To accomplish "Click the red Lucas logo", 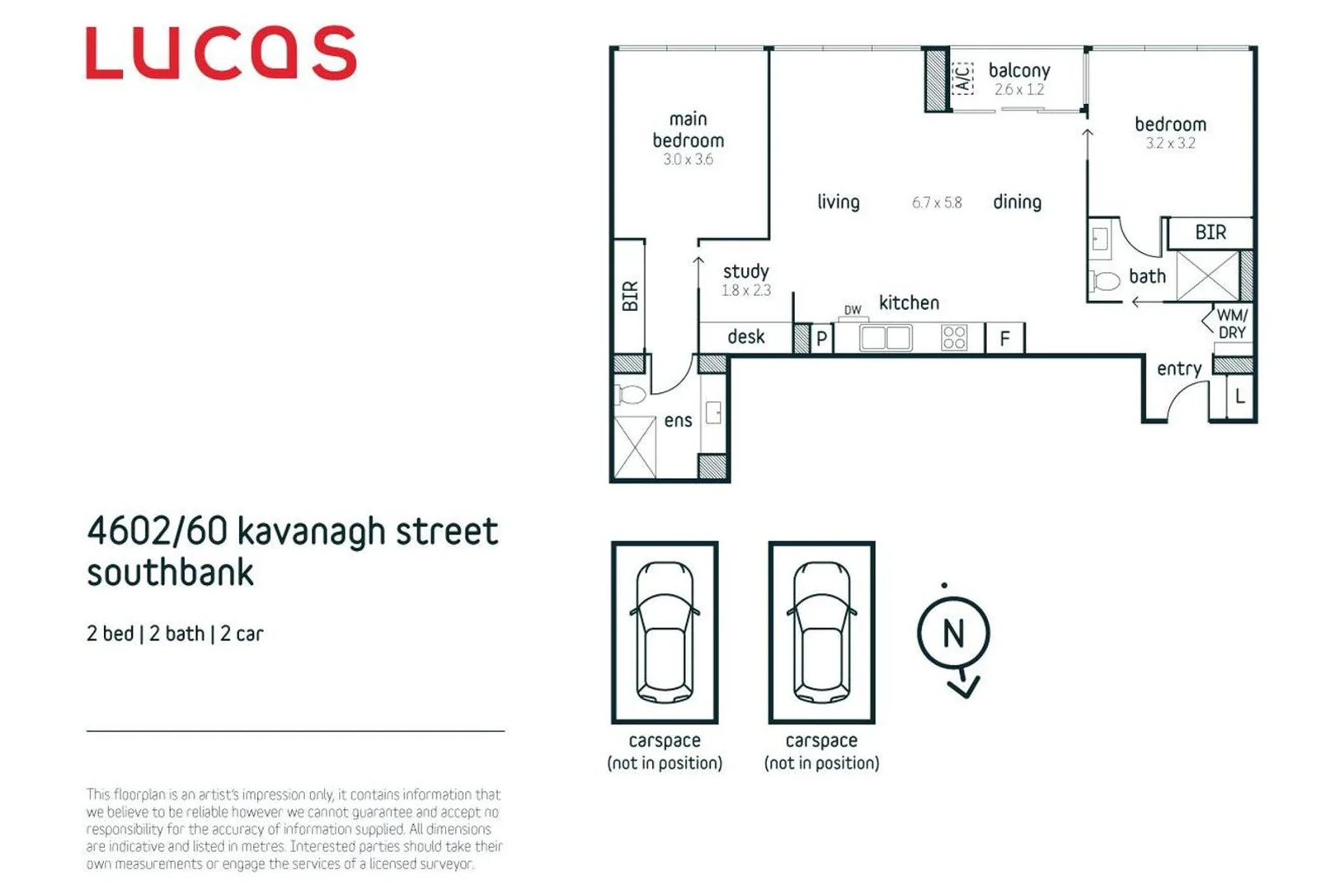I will (x=221, y=53).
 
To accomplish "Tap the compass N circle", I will (x=953, y=634).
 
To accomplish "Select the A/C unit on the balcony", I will (x=962, y=77).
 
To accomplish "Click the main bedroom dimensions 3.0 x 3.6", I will (x=688, y=160).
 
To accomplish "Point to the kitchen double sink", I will (x=886, y=338).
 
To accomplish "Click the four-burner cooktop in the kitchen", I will (x=954, y=338).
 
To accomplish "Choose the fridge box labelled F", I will (x=1004, y=339).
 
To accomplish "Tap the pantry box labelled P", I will (x=821, y=339).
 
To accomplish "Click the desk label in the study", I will (x=745, y=337).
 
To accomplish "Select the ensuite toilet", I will (x=631, y=395).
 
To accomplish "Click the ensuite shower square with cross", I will (x=635, y=447).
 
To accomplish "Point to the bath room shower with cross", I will (x=1207, y=276).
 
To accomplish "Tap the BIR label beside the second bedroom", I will (x=1210, y=233).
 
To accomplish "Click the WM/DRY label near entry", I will (x=1232, y=324).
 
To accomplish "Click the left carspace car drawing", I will (x=665, y=632).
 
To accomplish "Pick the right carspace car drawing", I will (x=821, y=632).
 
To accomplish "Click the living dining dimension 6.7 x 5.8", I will (x=937, y=203).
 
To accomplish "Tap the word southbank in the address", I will (x=171, y=573).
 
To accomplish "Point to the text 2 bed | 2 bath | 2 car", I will (x=175, y=634).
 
